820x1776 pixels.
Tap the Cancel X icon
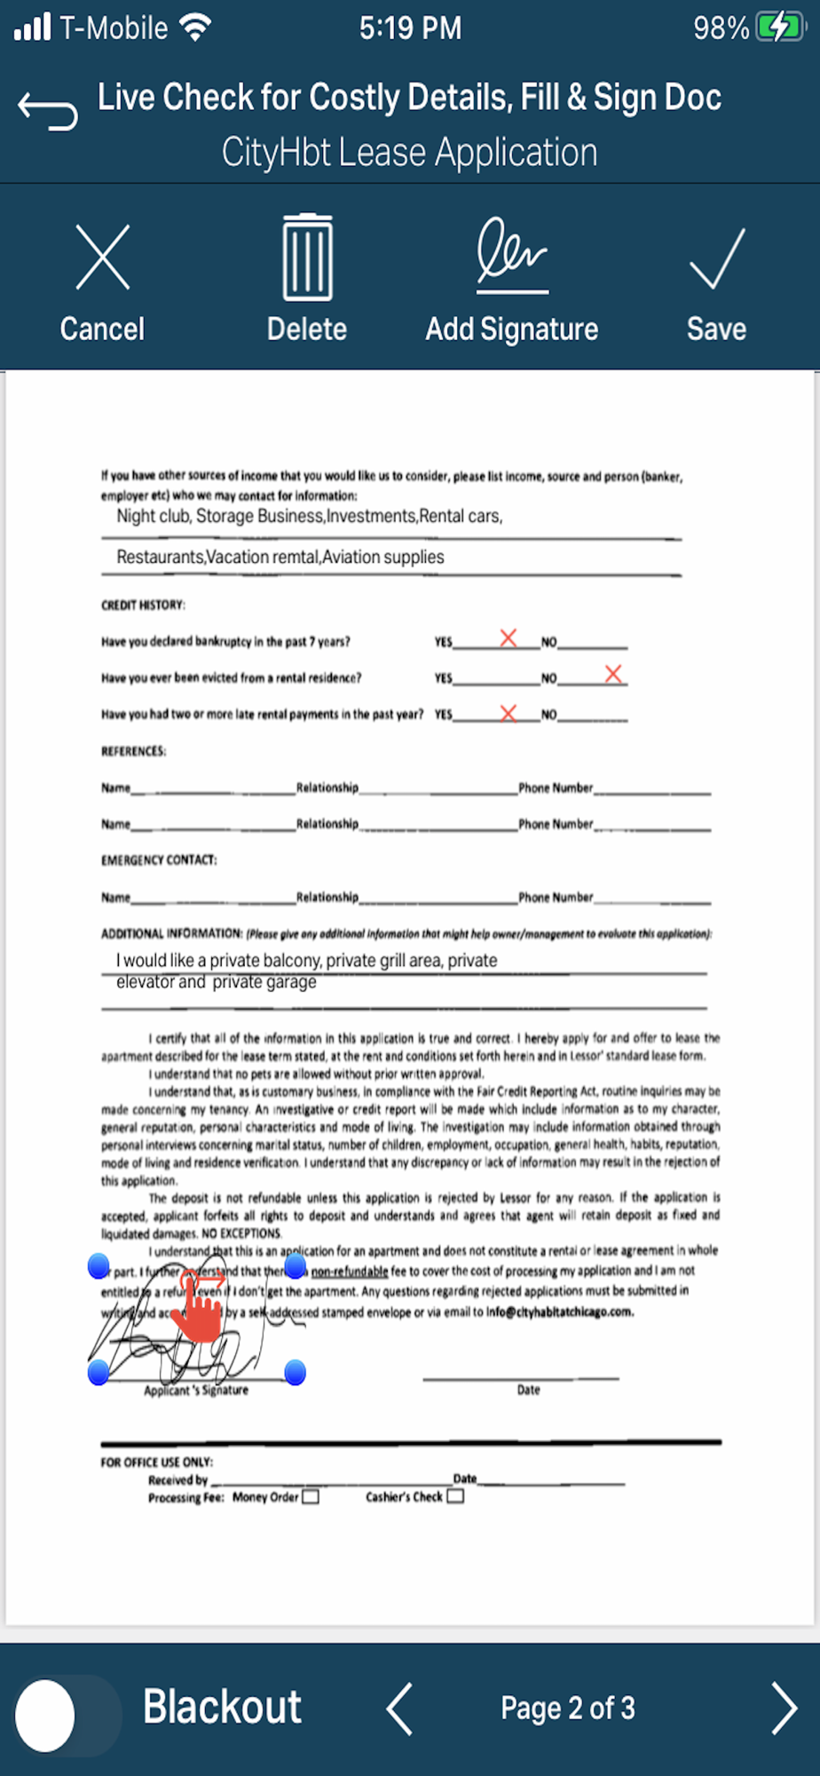(x=103, y=258)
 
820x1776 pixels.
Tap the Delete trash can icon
(x=307, y=258)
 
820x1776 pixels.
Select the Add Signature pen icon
(x=511, y=257)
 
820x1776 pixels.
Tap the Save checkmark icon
(x=716, y=258)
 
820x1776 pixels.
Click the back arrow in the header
(x=48, y=110)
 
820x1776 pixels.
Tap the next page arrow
(x=784, y=1708)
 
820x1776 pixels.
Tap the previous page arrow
(x=399, y=1708)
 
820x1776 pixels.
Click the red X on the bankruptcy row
(x=509, y=638)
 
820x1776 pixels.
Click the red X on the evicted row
(x=613, y=674)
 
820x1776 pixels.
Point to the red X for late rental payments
(x=509, y=713)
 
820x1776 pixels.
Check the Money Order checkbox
(x=311, y=1497)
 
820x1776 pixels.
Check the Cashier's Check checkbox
(x=455, y=1496)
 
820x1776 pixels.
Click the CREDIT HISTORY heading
(x=143, y=605)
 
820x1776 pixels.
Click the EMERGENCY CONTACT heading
(x=159, y=860)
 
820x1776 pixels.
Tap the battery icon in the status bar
(x=778, y=28)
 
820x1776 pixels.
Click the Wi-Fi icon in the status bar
(x=195, y=28)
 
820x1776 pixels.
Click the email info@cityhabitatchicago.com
(x=560, y=1312)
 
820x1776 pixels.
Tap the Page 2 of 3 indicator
(x=567, y=1708)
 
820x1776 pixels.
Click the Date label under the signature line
(x=528, y=1390)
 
